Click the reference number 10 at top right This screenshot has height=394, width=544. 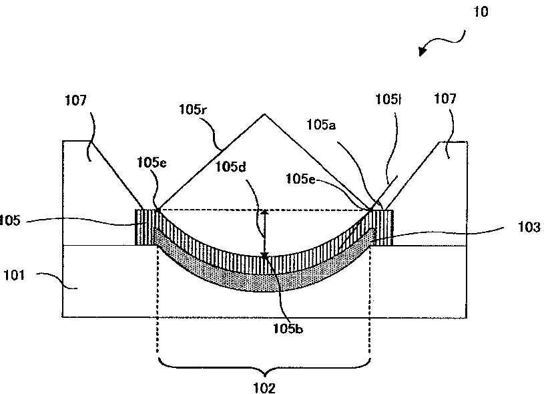coord(482,12)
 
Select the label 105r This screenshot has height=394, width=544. coord(195,109)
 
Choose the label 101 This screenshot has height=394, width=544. coord(14,274)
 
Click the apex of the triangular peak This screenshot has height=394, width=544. coord(264,114)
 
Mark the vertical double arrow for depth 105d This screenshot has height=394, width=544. coord(265,233)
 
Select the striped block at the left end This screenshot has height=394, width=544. coord(145,227)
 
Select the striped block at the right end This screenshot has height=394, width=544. coord(384,227)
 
